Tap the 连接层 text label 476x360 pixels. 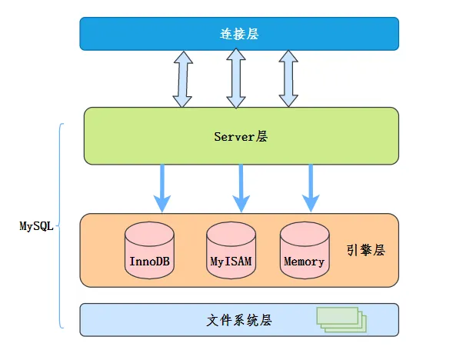(239, 33)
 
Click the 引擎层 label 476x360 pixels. (365, 250)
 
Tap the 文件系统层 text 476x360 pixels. (240, 319)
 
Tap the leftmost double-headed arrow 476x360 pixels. (182, 78)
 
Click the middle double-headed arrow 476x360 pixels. (235, 78)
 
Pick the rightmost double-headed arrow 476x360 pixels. (288, 78)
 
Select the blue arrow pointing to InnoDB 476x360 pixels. (161, 188)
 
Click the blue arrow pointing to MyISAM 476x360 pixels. (241, 188)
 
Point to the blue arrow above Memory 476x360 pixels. (311, 188)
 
